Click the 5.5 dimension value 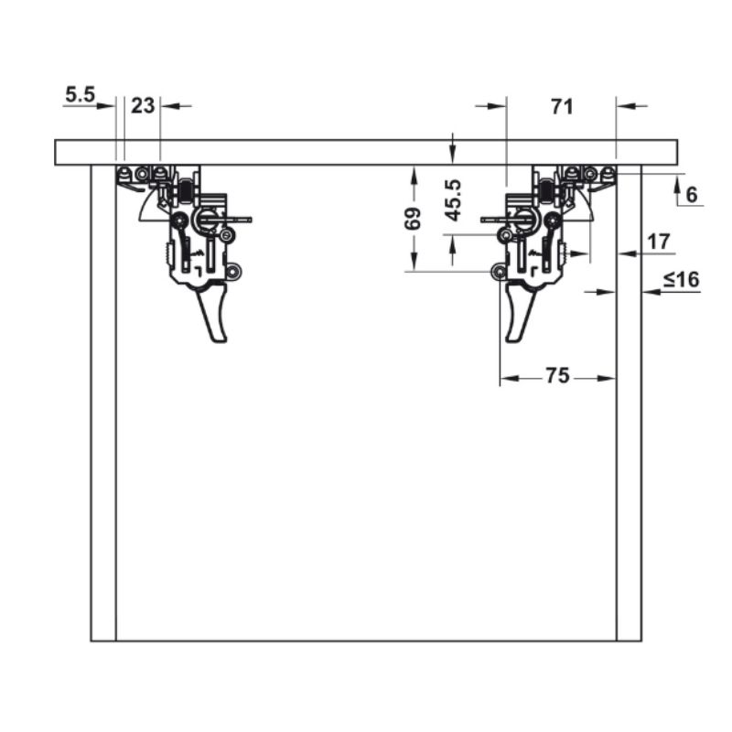point(80,95)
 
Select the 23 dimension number point(143,106)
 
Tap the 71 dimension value point(562,107)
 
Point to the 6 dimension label point(692,194)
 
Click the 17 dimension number point(659,242)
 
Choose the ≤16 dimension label point(682,280)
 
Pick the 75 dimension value point(558,375)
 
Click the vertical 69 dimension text point(413,219)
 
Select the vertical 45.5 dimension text point(453,199)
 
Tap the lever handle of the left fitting point(213,314)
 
